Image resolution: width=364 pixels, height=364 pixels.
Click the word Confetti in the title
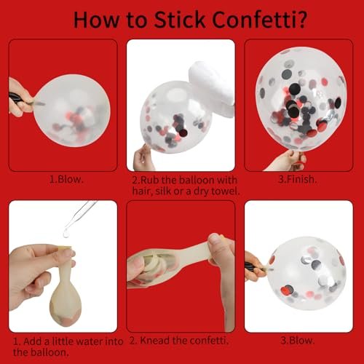click(x=254, y=20)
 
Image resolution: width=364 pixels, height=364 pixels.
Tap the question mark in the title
click(x=301, y=20)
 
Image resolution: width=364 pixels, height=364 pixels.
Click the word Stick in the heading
click(x=180, y=20)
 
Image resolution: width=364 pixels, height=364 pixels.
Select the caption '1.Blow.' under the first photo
click(x=66, y=179)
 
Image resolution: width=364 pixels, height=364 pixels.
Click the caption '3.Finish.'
click(x=297, y=179)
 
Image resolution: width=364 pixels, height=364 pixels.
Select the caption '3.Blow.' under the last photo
click(x=298, y=340)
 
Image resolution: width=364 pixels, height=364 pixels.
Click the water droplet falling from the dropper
click(x=66, y=234)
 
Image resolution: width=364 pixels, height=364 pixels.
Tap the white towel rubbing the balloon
click(x=212, y=89)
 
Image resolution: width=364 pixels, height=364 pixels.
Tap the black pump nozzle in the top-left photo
click(x=17, y=100)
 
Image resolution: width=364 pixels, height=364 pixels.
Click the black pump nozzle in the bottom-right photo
click(x=253, y=267)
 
